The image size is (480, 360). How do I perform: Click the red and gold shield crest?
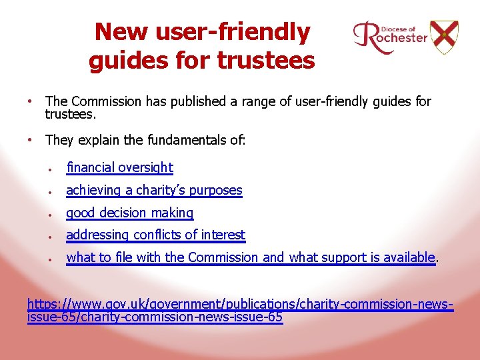444,36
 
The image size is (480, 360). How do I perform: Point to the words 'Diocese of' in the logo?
399,29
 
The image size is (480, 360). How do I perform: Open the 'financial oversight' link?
119,168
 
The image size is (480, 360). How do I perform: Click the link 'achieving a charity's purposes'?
154,190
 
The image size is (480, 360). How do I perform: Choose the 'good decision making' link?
129,213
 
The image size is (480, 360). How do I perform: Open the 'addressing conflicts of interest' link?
155,235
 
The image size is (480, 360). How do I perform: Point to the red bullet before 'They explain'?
31,140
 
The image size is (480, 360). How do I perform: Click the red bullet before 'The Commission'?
31,101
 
